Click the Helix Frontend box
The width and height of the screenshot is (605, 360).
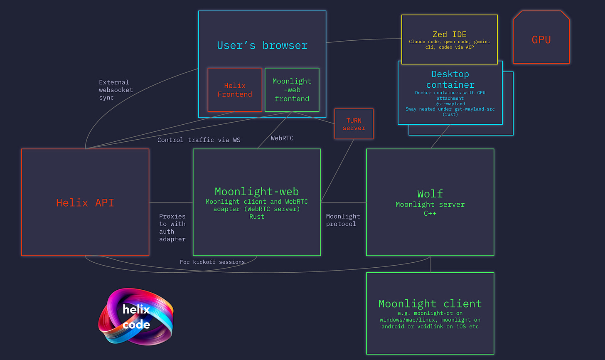(235, 90)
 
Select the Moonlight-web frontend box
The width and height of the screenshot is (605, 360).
(292, 90)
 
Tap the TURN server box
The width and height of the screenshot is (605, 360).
(354, 124)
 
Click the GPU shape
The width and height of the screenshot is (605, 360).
(541, 39)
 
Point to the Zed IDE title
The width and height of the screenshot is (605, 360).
(450, 35)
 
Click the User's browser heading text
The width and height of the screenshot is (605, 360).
(262, 45)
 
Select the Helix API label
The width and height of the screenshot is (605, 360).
(85, 202)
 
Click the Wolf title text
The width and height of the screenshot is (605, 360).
(430, 194)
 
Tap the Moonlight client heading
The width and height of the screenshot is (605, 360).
(430, 303)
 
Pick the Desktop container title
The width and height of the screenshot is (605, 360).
(450, 79)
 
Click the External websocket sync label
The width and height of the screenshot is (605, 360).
(116, 90)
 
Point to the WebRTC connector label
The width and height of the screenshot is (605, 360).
(282, 138)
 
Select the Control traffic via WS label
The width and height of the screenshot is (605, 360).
(199, 140)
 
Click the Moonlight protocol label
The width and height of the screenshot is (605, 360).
(343, 220)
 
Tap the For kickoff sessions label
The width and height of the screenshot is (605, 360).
(212, 262)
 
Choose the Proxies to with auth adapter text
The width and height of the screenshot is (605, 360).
(172, 227)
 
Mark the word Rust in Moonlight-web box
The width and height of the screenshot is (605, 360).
(257, 217)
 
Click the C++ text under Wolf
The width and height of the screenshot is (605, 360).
(430, 213)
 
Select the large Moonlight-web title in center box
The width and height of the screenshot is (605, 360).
(257, 191)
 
